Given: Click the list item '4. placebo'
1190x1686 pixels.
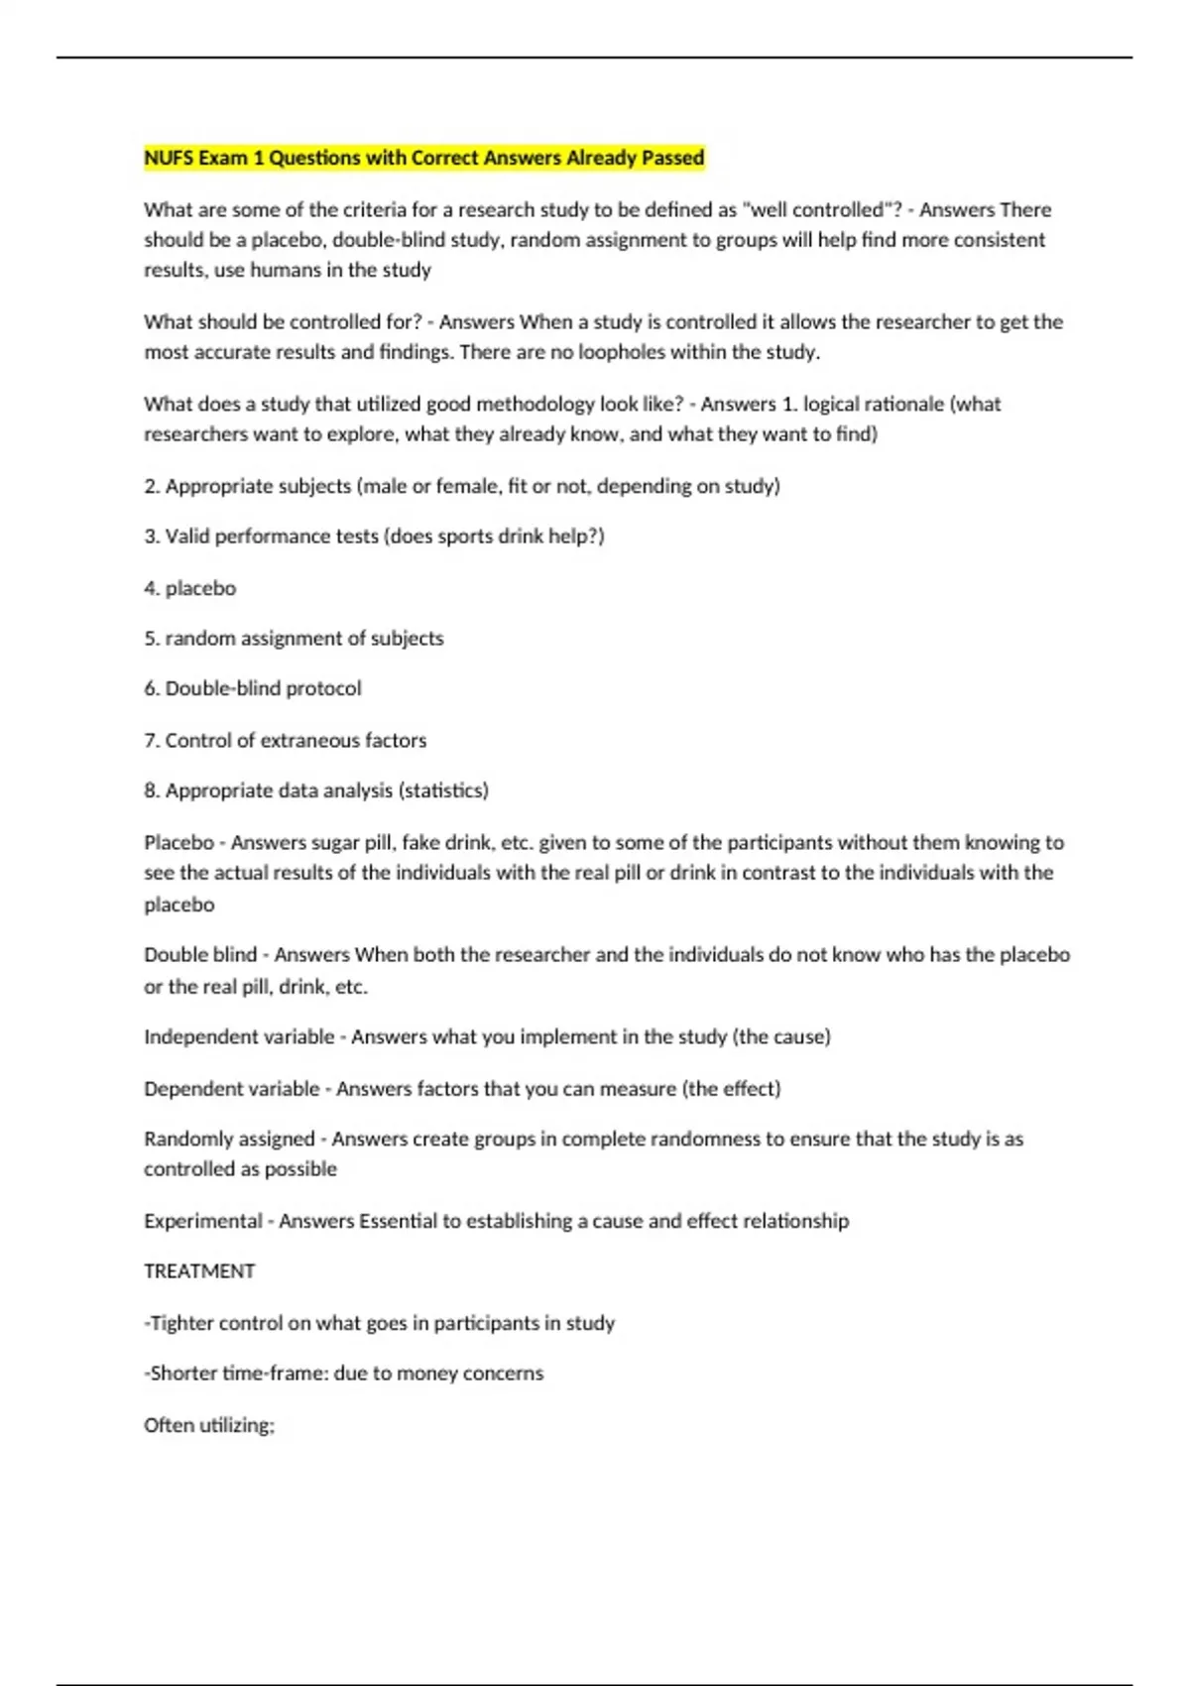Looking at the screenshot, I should click(189, 588).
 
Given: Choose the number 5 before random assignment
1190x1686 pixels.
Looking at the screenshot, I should click(150, 639).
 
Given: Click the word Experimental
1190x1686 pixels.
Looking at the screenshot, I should click(202, 1221).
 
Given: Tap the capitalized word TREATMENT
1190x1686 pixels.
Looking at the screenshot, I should click(199, 1271).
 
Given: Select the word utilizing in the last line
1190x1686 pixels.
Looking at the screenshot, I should click(237, 1425).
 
